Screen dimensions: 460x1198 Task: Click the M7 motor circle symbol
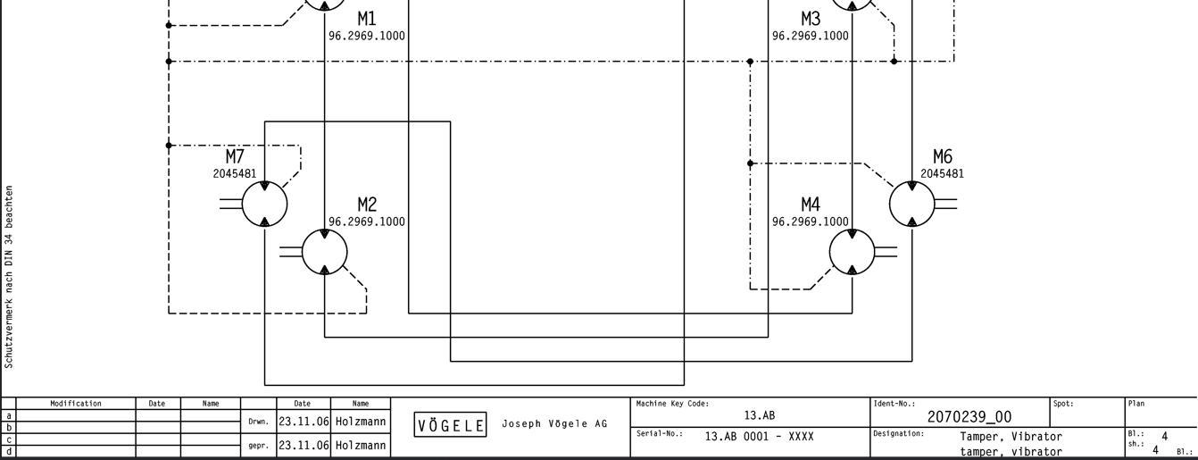tap(264, 204)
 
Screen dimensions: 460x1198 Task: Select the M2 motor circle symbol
tap(324, 252)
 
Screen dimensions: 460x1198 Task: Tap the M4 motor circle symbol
tap(852, 252)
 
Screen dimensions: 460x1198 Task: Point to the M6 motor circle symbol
tap(911, 204)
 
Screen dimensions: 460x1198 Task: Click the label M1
tap(367, 19)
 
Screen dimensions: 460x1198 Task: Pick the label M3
tap(811, 19)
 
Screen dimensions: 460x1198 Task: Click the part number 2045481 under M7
tap(234, 173)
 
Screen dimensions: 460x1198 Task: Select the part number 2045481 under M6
tap(942, 173)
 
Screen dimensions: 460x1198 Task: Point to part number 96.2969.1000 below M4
tap(811, 222)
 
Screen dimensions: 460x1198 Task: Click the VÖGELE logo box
tap(450, 425)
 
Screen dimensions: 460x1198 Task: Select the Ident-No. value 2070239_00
tap(969, 416)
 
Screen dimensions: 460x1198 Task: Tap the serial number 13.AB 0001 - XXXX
tap(759, 437)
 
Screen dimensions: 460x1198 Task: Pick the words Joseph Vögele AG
tap(554, 423)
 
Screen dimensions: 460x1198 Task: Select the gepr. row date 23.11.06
tap(303, 445)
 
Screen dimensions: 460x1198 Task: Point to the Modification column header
tap(76, 404)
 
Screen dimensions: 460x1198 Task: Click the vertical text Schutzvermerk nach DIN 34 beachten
tap(9, 277)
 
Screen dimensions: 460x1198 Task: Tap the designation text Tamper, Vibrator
tap(1011, 437)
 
